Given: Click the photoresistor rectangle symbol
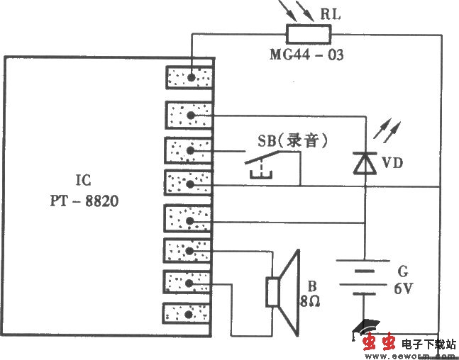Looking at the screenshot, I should point(309,33).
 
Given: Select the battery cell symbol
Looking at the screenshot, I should point(364,276).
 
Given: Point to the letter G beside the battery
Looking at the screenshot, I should point(402,271).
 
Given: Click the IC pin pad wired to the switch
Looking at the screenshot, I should point(188,150).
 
